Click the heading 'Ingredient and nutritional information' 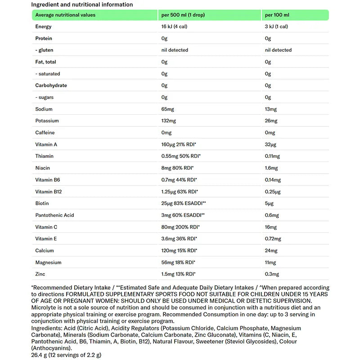click(82, 4)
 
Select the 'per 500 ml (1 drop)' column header click(183, 15)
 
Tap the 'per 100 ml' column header click(277, 15)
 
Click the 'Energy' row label click(43, 27)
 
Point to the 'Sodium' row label click(44, 109)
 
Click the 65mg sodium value click(168, 109)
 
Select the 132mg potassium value click(169, 121)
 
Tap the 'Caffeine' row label click(45, 133)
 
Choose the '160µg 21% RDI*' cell click(179, 144)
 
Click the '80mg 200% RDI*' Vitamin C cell click(180, 227)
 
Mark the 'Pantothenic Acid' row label click(54, 215)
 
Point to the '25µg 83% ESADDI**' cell click(184, 203)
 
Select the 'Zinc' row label click(40, 274)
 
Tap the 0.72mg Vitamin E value click(273, 238)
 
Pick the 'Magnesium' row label click(48, 262)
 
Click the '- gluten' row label click(45, 50)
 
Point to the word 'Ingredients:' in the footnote click(47, 328)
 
